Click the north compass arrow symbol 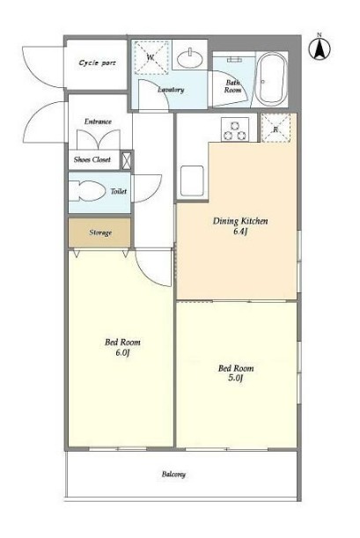coord(320,48)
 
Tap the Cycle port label coord(98,63)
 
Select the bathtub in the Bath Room coord(272,79)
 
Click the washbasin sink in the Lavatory coord(190,58)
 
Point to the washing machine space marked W coord(151,57)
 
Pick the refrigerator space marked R coord(276,129)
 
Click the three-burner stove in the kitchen coord(235,129)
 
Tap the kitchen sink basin coord(192,181)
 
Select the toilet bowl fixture coord(87,191)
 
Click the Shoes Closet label coord(92,159)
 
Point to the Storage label coord(100,232)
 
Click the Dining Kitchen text coord(240,221)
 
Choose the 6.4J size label coord(240,232)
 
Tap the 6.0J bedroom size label coord(122,353)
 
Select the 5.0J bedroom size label coord(236,379)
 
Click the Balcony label coord(173,475)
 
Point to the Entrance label coord(98,122)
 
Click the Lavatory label coord(171,90)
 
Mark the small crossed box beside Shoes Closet coord(127,160)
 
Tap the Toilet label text coord(119,191)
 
